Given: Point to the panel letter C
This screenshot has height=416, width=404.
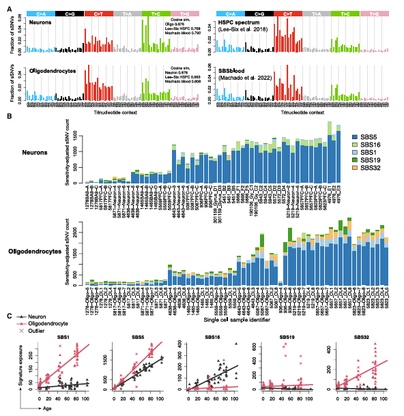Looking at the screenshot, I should point(8,316).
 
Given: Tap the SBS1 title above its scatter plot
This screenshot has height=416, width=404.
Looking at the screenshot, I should point(63,337).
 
